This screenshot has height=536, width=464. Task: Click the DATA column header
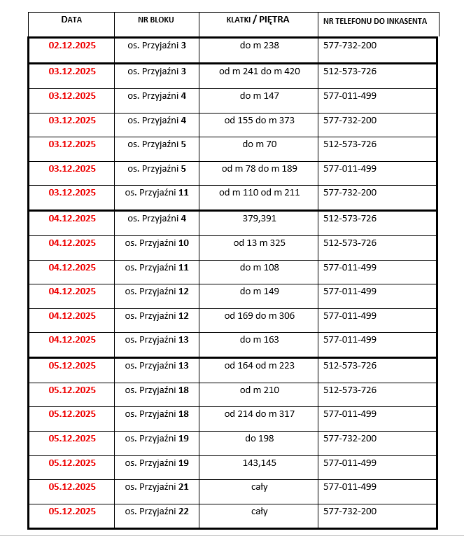pyautogui.click(x=71, y=20)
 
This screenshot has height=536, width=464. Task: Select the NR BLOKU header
pyautogui.click(x=156, y=20)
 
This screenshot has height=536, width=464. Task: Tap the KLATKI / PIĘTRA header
pyautogui.click(x=258, y=20)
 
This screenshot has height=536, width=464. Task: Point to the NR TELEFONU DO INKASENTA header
pyautogui.click(x=375, y=21)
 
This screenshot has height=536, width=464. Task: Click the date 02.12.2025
pyautogui.click(x=72, y=45)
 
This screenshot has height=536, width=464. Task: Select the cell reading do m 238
pyautogui.click(x=259, y=45)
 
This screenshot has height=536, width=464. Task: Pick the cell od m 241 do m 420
pyautogui.click(x=259, y=71)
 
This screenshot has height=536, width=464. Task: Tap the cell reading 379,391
pyautogui.click(x=259, y=219)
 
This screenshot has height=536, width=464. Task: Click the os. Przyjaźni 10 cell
pyautogui.click(x=157, y=243)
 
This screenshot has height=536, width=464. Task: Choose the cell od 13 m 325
pyautogui.click(x=259, y=243)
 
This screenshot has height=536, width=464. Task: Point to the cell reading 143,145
pyautogui.click(x=259, y=462)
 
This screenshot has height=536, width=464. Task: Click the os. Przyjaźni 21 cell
pyautogui.click(x=157, y=487)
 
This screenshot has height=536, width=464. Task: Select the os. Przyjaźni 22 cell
pyautogui.click(x=157, y=511)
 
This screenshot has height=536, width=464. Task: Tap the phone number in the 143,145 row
pyautogui.click(x=350, y=462)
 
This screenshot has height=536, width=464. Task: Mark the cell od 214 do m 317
pyautogui.click(x=259, y=414)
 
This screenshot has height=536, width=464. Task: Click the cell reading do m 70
pyautogui.click(x=259, y=144)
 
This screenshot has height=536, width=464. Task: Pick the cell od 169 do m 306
pyautogui.click(x=259, y=316)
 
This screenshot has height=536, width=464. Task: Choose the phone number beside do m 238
pyautogui.click(x=350, y=45)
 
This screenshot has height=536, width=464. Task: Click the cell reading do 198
pyautogui.click(x=259, y=439)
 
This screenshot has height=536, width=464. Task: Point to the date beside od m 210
pyautogui.click(x=72, y=390)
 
